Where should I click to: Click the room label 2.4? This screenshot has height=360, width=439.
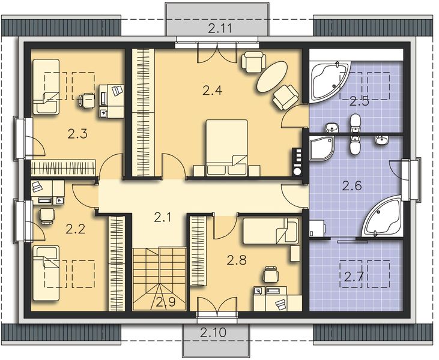[x=212, y=91]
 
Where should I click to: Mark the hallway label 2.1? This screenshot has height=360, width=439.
[x=163, y=218]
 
